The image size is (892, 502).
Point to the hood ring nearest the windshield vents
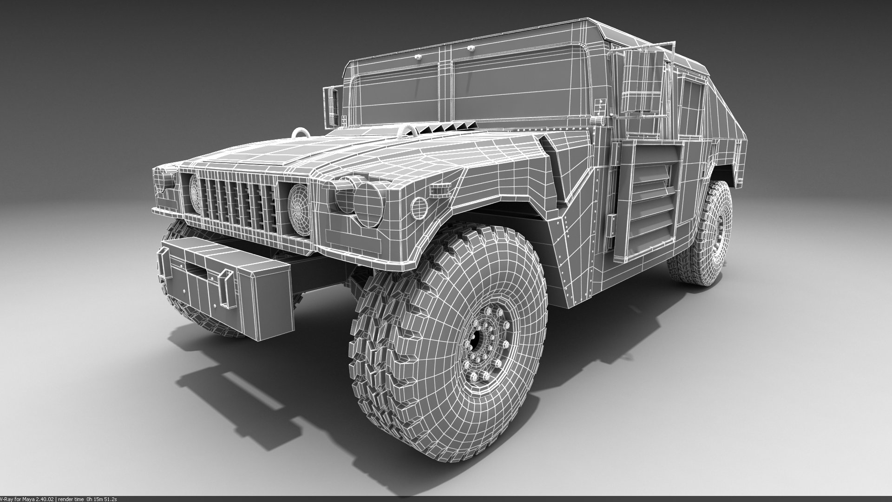(402, 132)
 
